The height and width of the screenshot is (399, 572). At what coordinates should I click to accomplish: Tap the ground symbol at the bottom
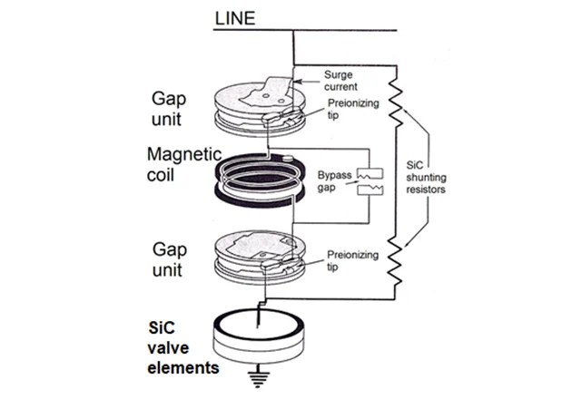262,378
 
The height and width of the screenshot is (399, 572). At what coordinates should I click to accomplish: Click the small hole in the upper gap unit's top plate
263,92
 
